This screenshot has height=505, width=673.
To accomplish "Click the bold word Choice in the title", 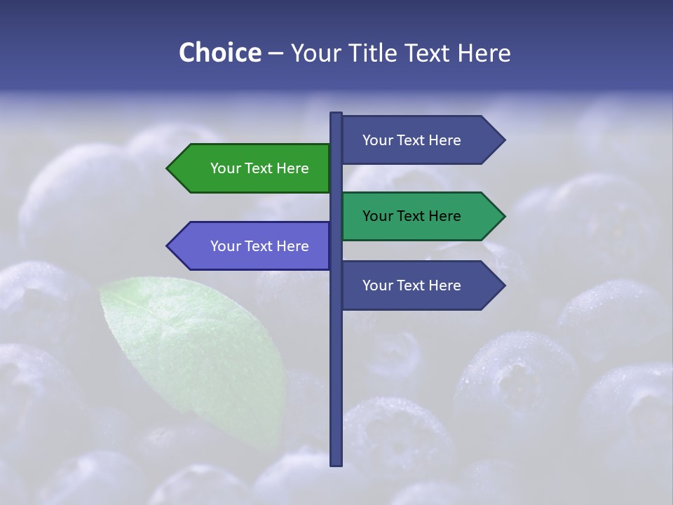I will pyautogui.click(x=219, y=53).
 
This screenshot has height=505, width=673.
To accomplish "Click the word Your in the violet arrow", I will pyautogui.click(x=224, y=246).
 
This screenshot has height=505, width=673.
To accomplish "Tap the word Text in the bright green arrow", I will pyautogui.click(x=259, y=168).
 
